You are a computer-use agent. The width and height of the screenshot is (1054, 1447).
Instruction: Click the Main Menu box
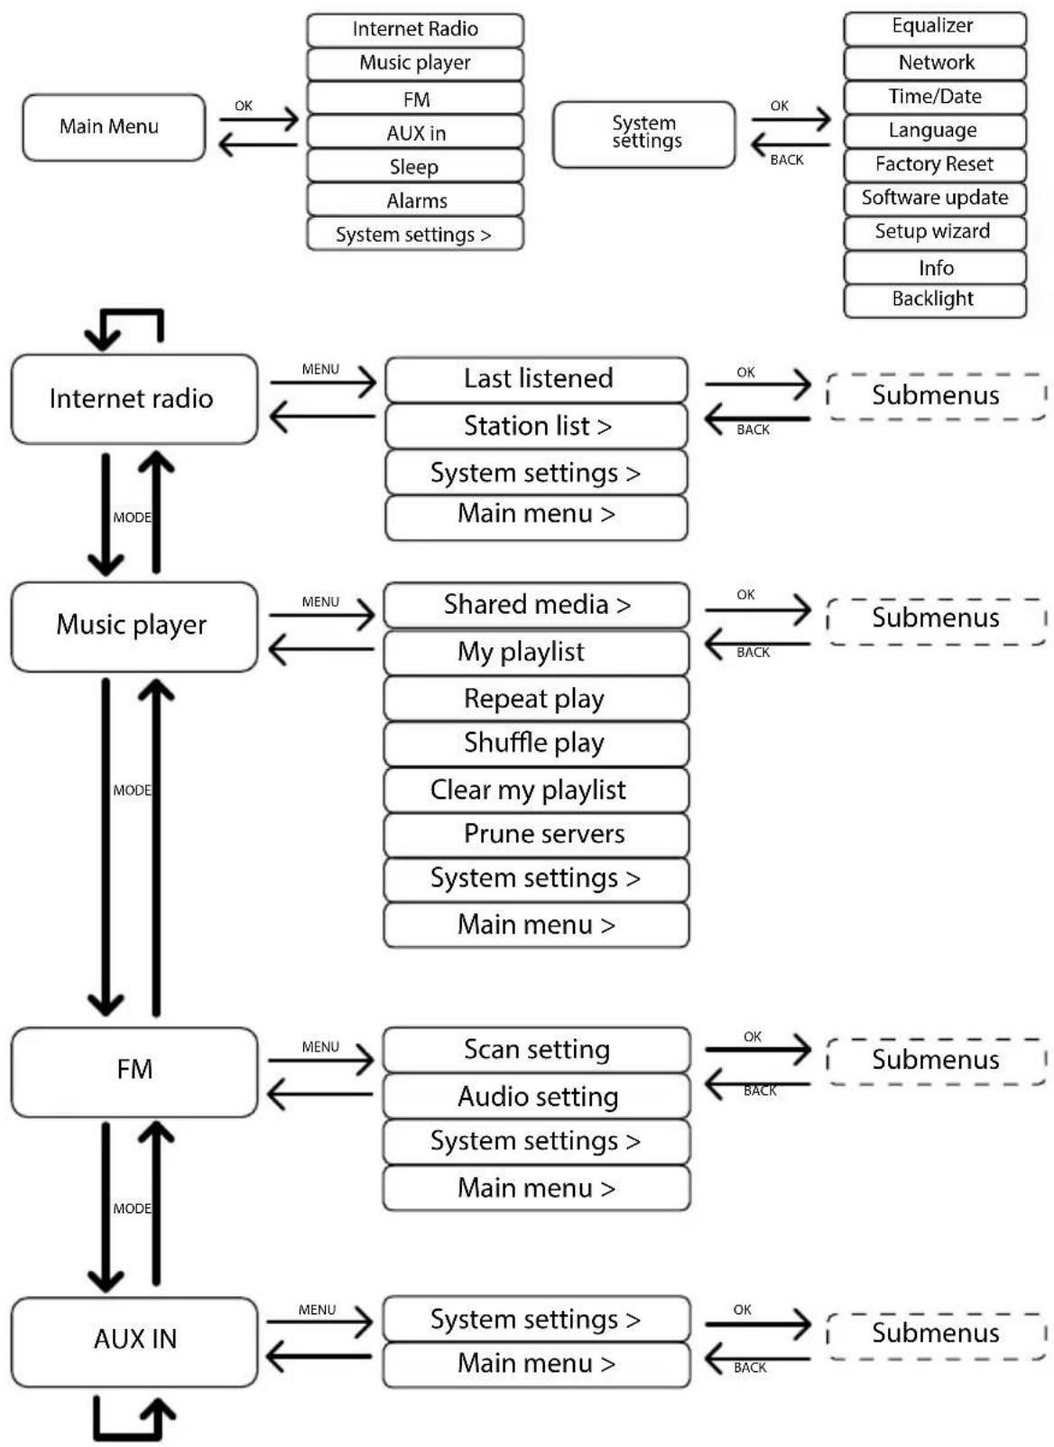(114, 127)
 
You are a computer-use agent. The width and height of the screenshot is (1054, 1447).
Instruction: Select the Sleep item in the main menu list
(414, 166)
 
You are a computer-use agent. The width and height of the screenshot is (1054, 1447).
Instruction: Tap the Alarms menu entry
(414, 200)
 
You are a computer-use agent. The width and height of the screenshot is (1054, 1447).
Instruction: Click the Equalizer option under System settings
(935, 28)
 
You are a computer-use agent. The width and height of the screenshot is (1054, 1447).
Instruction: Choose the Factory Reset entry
(935, 165)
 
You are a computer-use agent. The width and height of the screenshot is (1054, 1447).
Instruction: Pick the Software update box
(935, 199)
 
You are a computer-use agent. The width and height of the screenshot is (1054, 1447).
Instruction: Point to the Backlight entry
(935, 301)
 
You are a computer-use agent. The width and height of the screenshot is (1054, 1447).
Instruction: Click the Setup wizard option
(935, 233)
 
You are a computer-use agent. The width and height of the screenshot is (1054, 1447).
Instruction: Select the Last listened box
(536, 380)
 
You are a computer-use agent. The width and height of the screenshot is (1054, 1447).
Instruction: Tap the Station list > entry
(536, 426)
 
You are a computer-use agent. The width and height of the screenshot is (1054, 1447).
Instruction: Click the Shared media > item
(536, 606)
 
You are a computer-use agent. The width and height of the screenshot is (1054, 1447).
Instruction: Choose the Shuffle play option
(536, 744)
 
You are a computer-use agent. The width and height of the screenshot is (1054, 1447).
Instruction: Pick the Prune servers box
(536, 835)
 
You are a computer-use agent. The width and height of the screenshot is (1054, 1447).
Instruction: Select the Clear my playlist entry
(536, 789)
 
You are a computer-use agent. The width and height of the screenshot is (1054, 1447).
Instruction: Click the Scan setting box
(536, 1050)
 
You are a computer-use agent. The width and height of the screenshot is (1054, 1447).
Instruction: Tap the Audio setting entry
(536, 1096)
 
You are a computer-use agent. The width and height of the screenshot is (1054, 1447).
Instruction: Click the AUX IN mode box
(134, 1342)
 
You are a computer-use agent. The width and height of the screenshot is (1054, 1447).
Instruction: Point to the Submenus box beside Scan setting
(936, 1062)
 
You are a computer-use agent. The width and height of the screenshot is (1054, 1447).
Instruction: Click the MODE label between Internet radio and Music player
(132, 517)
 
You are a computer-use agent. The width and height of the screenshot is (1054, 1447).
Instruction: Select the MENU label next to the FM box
(320, 1047)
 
